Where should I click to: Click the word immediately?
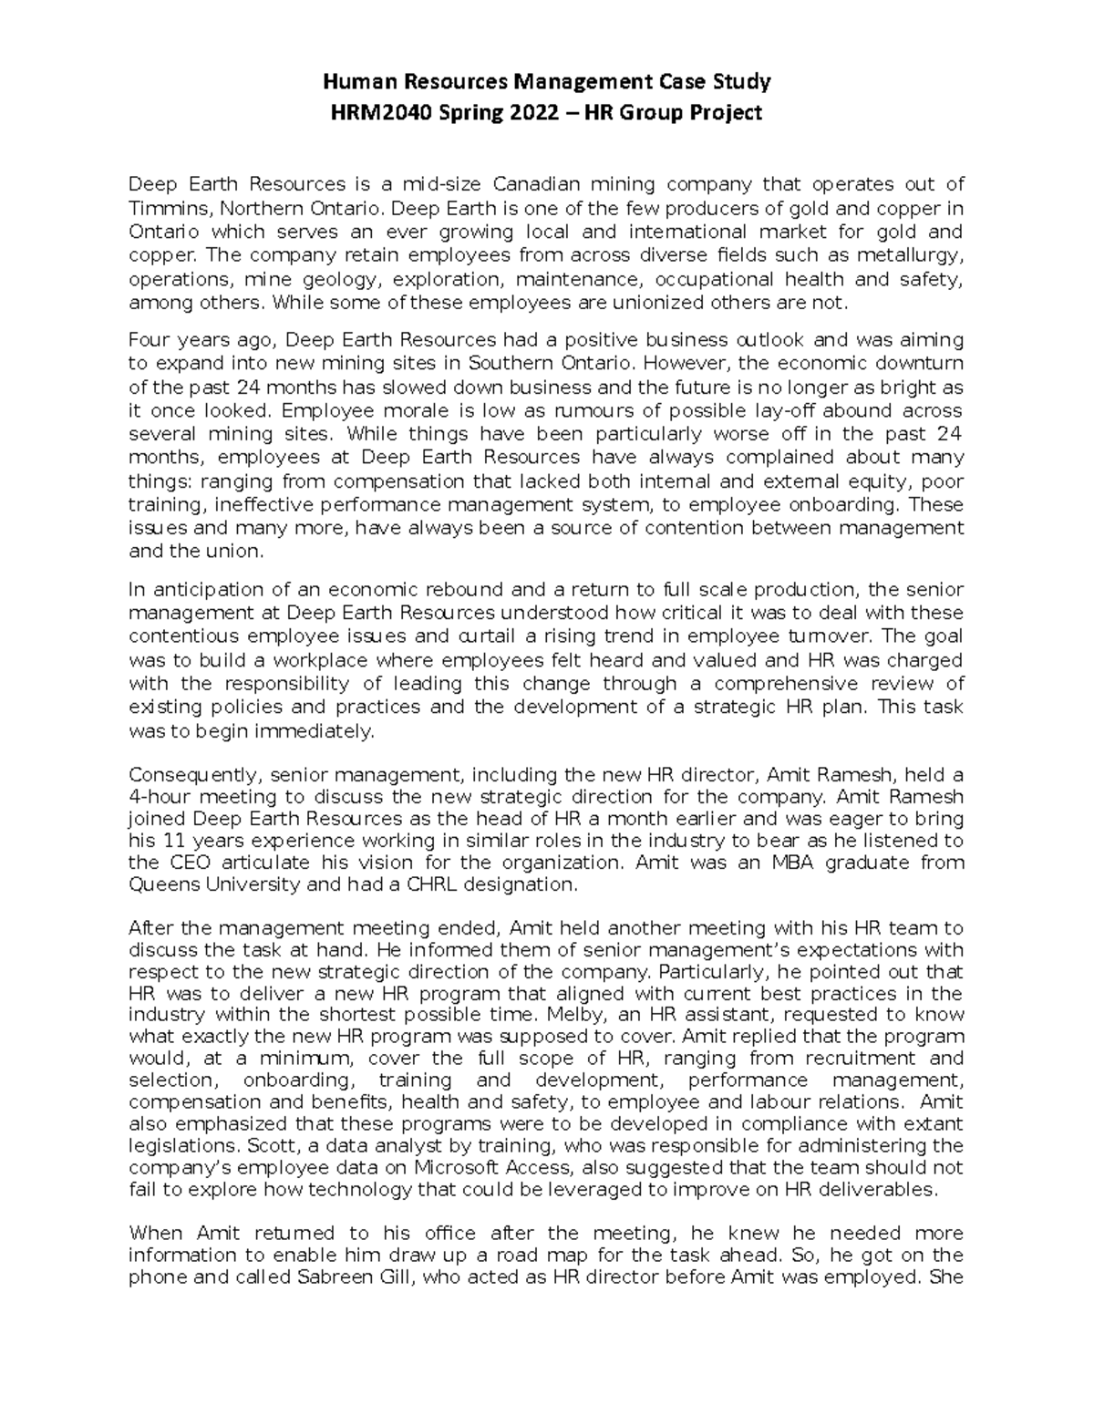coord(299,730)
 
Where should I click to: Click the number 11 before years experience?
coord(181,840)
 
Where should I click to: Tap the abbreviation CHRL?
coord(423,884)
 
